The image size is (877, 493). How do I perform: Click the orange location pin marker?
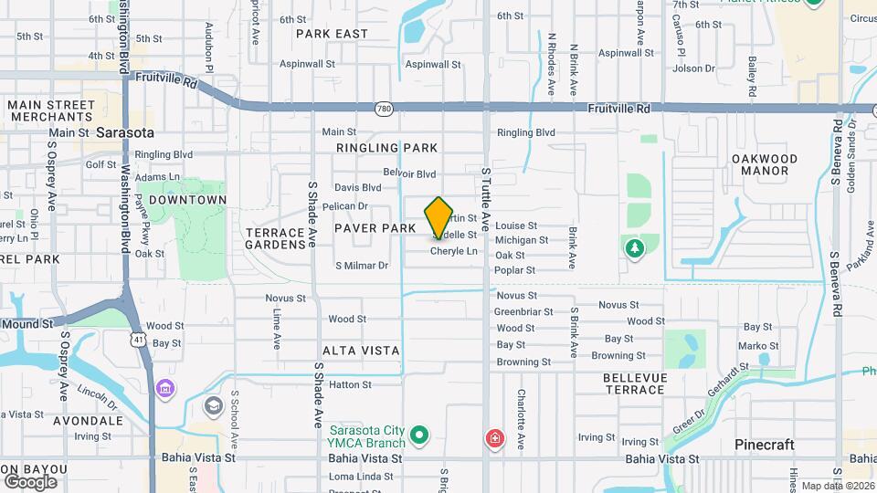coord(438,217)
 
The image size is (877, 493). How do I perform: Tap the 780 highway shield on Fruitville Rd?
coord(384,109)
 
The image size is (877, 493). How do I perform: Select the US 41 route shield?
coord(137,339)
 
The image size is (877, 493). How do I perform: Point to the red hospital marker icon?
coord(495,439)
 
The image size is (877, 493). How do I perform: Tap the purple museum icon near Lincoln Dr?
coord(165,390)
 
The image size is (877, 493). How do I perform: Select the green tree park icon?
coord(634,247)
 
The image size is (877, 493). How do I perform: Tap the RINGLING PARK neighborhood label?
coord(386,148)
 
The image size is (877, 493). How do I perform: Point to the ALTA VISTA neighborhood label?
coord(361,351)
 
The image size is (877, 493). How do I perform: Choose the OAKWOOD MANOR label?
coord(766,164)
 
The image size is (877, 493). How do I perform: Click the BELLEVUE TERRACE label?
coord(635,383)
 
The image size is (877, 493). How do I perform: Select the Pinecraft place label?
coord(765,445)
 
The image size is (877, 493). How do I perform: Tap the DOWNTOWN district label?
coord(187,200)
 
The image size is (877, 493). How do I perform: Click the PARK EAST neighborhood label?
coord(333,34)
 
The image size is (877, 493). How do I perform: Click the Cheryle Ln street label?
coord(454,251)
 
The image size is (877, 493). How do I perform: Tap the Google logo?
coord(30,481)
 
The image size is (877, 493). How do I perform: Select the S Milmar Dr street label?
coord(362,266)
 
